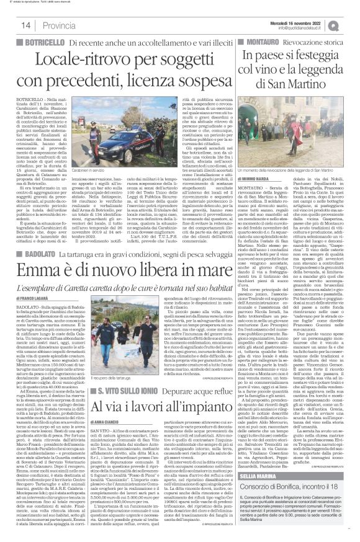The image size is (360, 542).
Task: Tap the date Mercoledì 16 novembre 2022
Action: click(x=304, y=19)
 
